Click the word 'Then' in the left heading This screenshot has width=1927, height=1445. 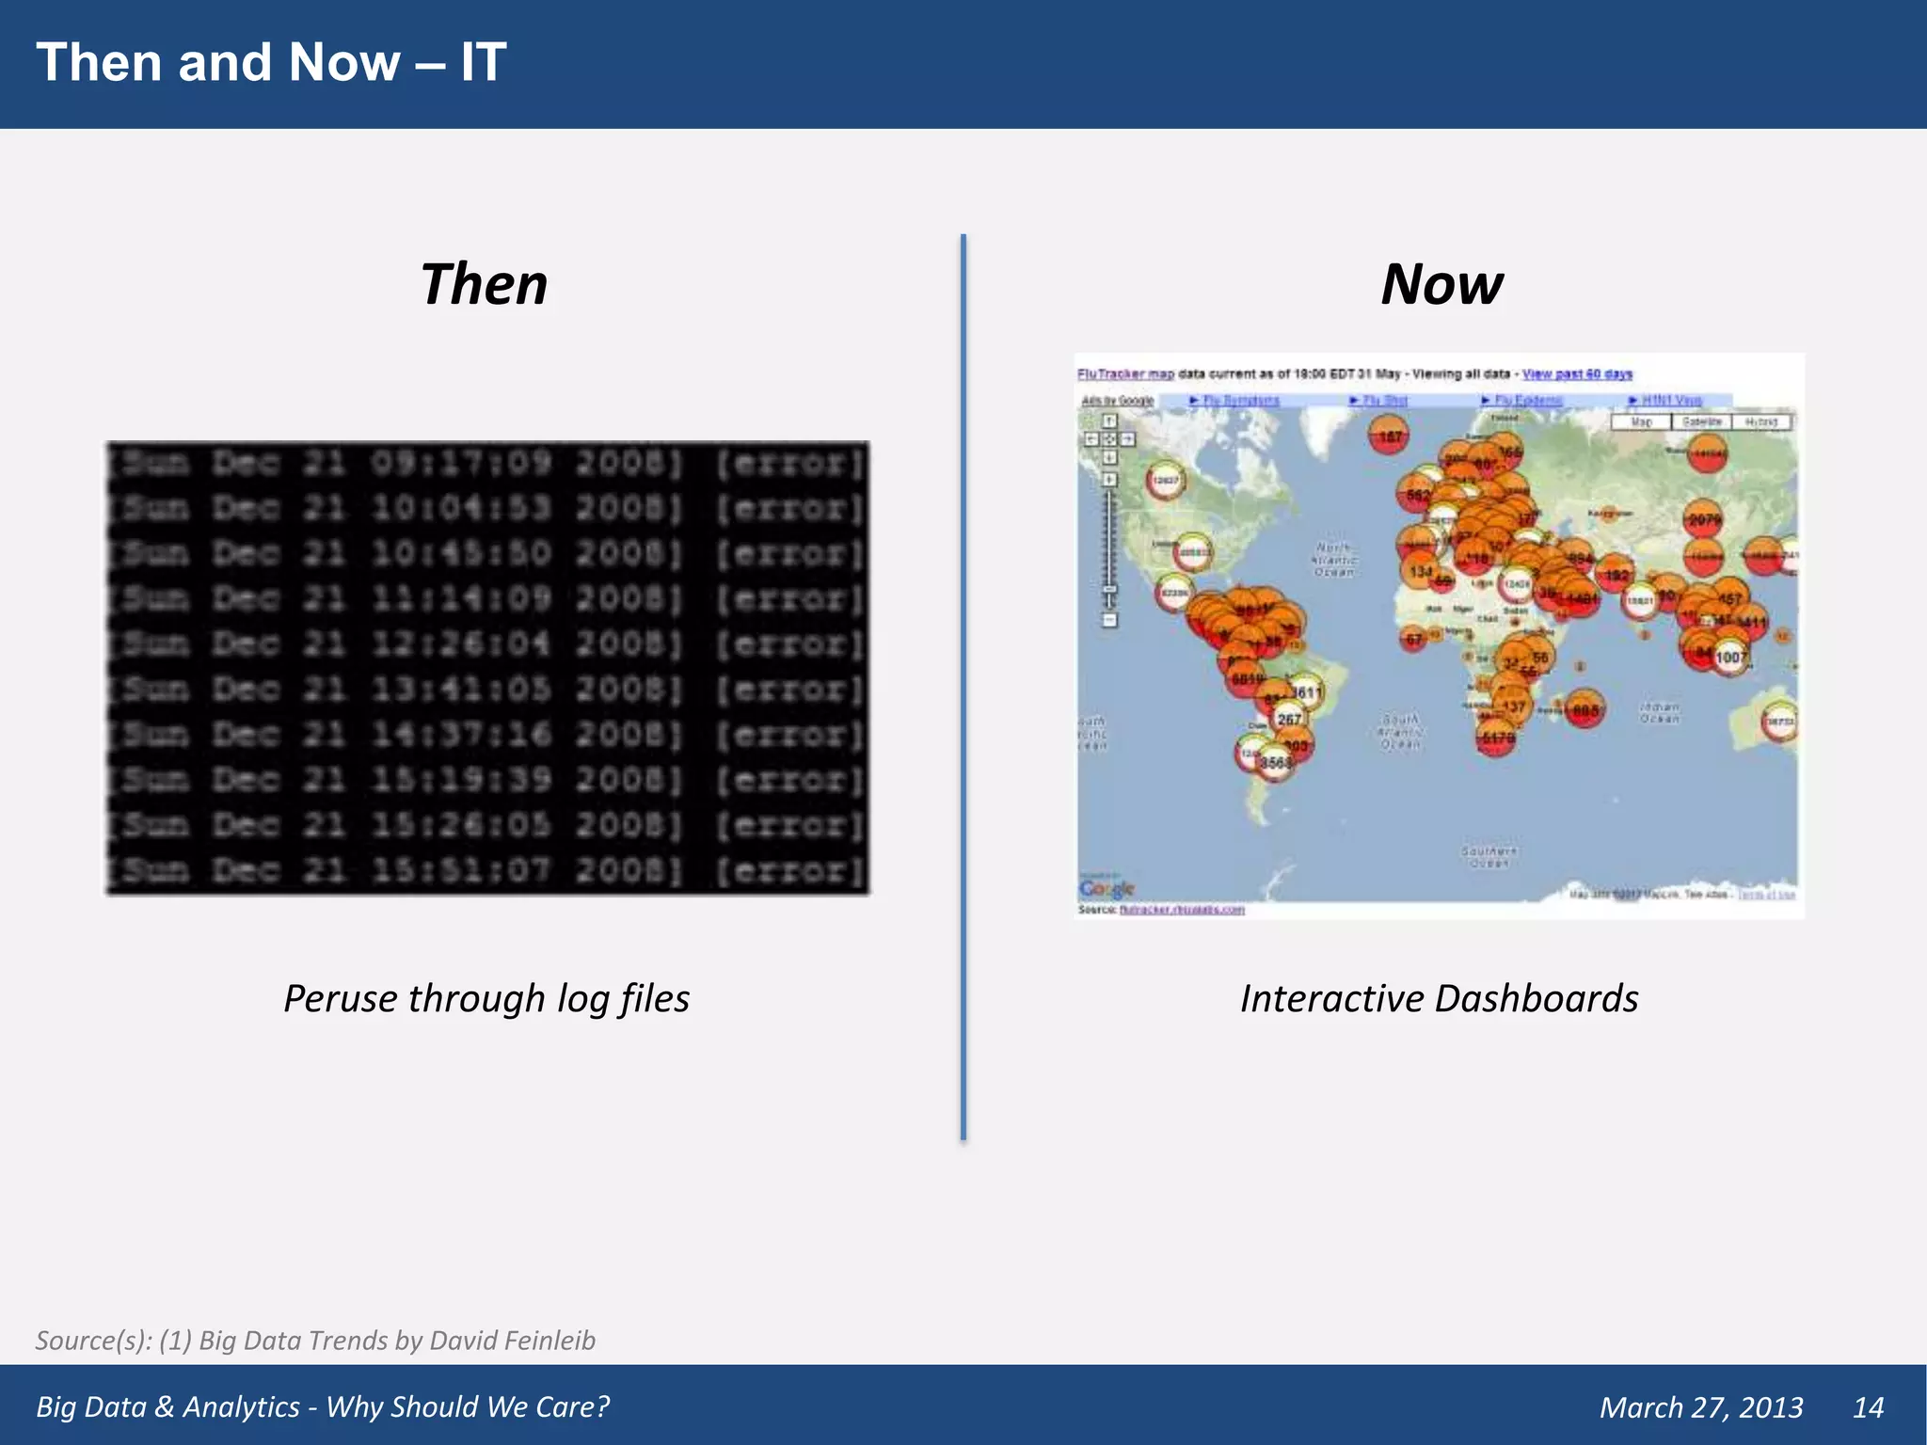(x=484, y=284)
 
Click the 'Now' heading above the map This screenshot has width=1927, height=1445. (x=1441, y=284)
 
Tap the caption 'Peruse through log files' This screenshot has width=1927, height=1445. (x=486, y=998)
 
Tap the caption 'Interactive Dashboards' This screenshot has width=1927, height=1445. (x=1439, y=998)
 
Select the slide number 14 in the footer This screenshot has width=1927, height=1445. (x=1868, y=1407)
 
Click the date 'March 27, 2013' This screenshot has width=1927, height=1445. (x=1700, y=1407)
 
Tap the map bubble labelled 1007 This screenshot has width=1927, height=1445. (x=1731, y=658)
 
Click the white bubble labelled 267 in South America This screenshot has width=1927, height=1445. (x=1289, y=719)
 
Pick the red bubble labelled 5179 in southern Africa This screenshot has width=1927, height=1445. (x=1497, y=738)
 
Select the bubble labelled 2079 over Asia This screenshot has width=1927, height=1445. (x=1704, y=519)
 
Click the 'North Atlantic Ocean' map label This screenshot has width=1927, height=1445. (x=1333, y=560)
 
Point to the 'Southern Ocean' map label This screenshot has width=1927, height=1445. (x=1489, y=856)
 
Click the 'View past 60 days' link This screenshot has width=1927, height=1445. (x=1577, y=373)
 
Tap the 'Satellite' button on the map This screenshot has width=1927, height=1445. (x=1701, y=421)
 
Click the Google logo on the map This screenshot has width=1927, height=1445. (x=1107, y=888)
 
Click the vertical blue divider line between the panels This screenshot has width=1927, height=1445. (x=963, y=687)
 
